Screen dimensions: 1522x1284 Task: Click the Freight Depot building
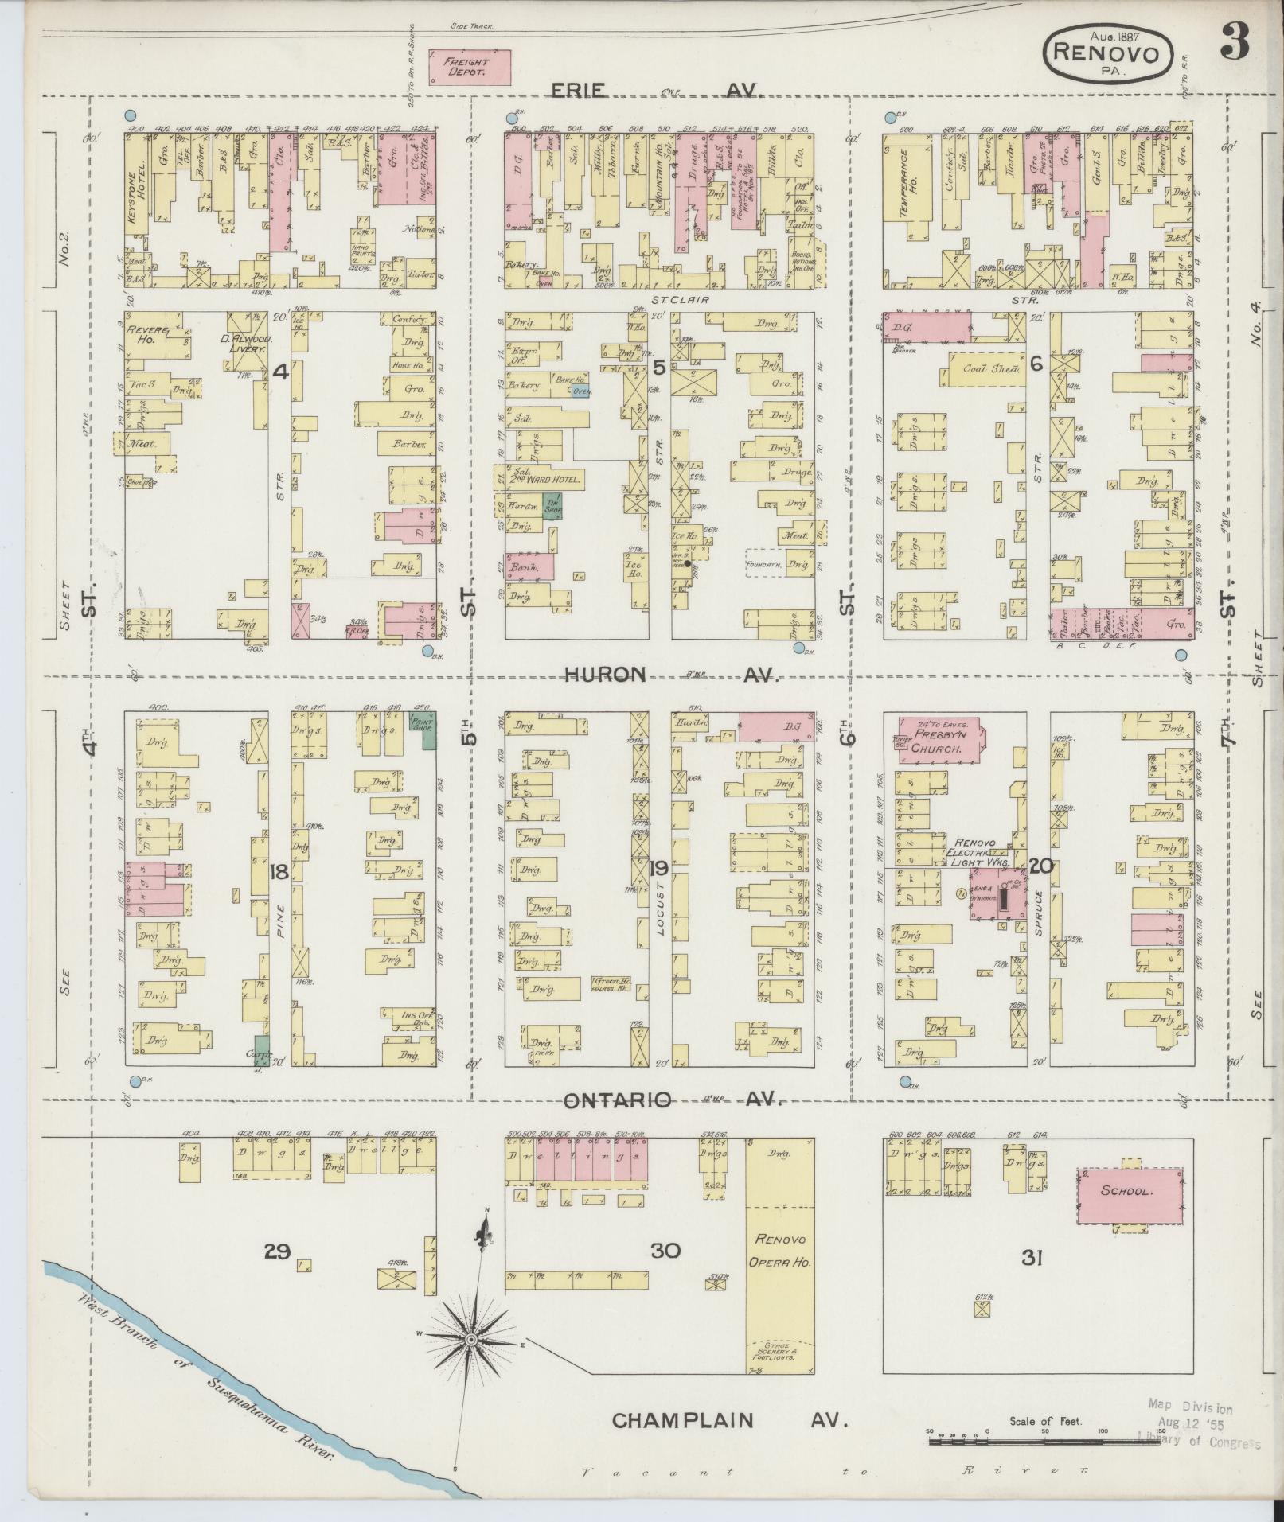pos(468,67)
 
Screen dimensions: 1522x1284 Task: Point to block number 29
pos(277,1252)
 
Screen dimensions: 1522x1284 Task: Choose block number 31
pos(1032,1258)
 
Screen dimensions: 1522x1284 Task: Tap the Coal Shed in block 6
pos(985,369)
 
